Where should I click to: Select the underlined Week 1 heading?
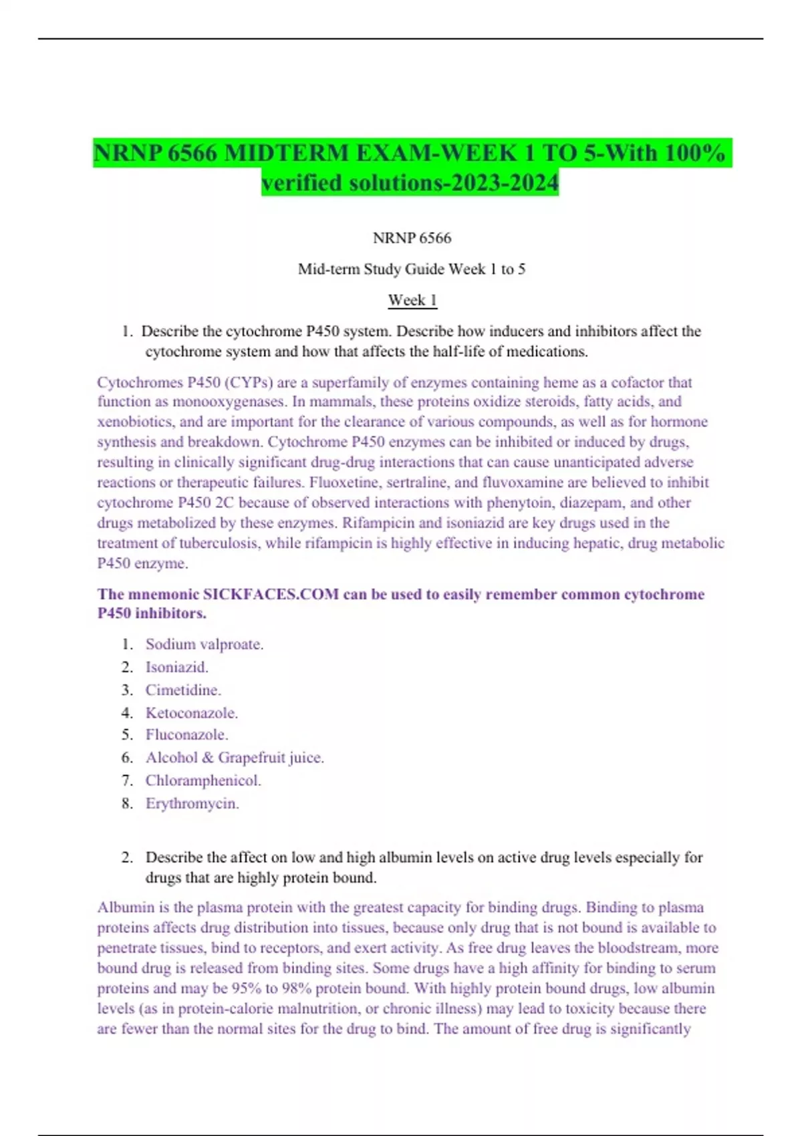(x=412, y=300)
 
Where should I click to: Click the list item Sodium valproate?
(x=204, y=644)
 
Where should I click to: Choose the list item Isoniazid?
(x=176, y=667)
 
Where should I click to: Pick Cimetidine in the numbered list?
(x=182, y=690)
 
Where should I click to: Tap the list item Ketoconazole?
(x=191, y=713)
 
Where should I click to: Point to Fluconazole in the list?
(x=186, y=734)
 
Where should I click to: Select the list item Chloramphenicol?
(x=203, y=780)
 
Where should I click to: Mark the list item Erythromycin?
(x=192, y=803)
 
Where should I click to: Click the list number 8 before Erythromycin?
(x=127, y=803)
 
